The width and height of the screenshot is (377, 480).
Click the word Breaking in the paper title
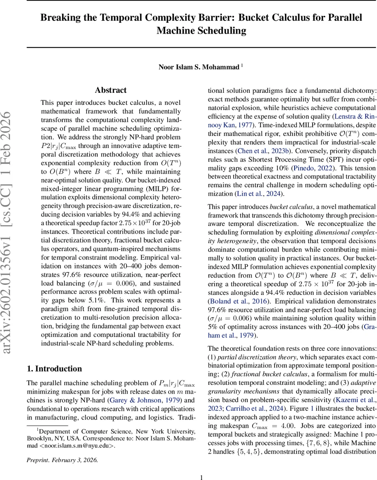coord(62,18)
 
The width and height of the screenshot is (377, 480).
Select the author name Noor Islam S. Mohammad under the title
coord(199,67)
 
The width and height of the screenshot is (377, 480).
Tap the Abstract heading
coord(110,90)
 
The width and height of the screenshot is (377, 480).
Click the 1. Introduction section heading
coord(54,368)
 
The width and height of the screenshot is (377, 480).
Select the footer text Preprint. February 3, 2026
coord(62,448)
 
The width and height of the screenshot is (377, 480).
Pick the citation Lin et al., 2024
coord(263,194)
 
